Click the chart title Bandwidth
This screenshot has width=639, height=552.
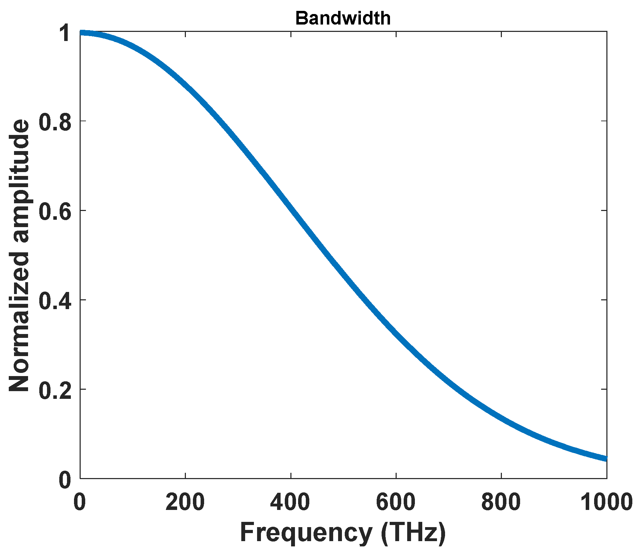[x=343, y=18]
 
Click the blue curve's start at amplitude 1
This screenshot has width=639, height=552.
[x=81, y=33]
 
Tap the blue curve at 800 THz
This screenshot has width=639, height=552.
[x=501, y=418]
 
